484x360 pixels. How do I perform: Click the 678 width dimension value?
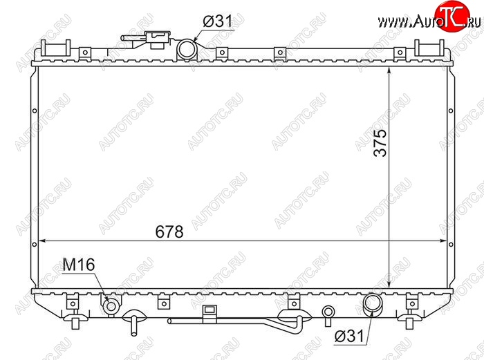[x=169, y=231]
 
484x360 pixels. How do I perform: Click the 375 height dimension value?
[x=380, y=142]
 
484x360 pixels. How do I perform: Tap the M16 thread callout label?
[x=78, y=265]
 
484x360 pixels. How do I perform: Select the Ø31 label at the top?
[x=218, y=21]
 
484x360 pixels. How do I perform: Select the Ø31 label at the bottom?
[x=349, y=336]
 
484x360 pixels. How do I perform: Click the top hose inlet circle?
[x=187, y=48]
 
